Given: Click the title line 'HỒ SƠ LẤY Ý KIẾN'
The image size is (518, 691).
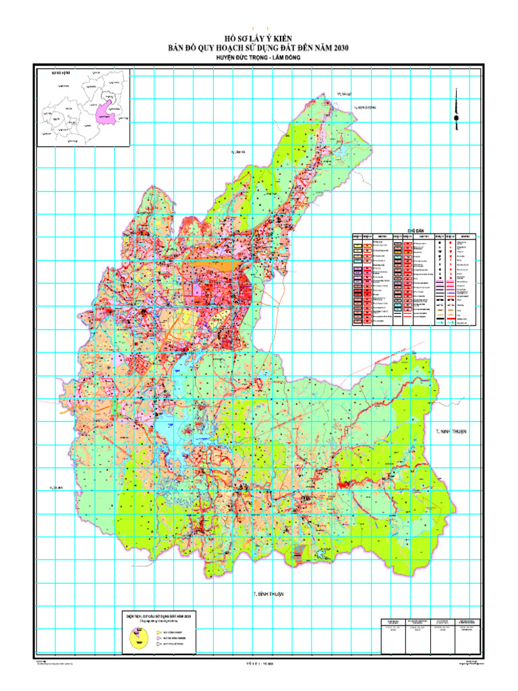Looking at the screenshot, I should (x=259, y=38).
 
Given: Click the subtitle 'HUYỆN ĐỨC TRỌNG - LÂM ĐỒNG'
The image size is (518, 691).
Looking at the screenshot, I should (x=259, y=58).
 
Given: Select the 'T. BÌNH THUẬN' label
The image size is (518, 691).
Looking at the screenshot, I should (x=264, y=594).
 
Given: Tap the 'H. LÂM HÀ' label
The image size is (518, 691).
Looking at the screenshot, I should (x=233, y=153).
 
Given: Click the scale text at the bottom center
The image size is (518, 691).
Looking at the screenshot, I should (x=259, y=663).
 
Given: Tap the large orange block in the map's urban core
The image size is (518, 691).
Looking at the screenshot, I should (x=226, y=265).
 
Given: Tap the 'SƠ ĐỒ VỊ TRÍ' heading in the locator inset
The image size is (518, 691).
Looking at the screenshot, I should (x=51, y=72).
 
